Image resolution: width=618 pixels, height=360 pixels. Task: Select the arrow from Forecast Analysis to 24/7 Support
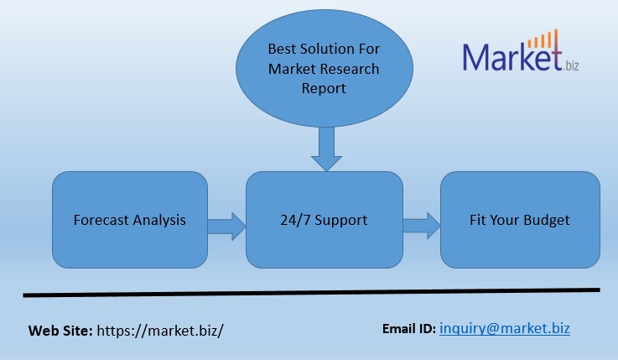(x=225, y=224)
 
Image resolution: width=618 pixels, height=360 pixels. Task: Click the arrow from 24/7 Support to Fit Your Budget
(x=422, y=224)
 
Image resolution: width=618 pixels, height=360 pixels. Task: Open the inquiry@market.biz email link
(x=505, y=328)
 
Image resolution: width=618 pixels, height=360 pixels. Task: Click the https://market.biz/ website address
(x=160, y=330)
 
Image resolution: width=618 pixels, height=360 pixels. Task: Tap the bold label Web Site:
(x=61, y=330)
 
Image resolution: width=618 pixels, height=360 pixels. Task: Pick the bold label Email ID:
(x=408, y=328)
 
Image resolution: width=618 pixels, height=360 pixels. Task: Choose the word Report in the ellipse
(x=324, y=87)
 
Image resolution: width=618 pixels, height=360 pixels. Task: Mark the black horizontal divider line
(x=311, y=293)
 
